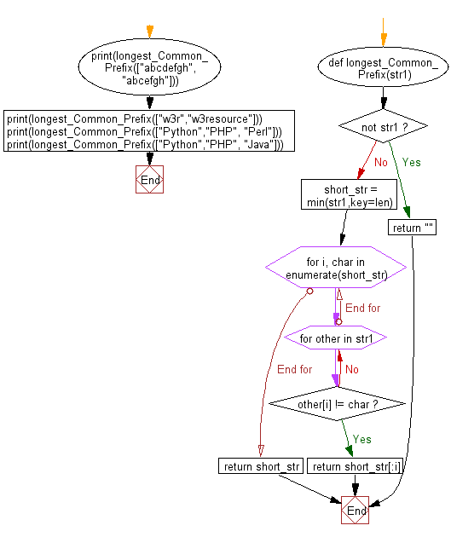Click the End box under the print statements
[x=149, y=180]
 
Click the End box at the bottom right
[x=355, y=511]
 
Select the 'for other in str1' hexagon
[x=336, y=338]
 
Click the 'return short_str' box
[x=261, y=466]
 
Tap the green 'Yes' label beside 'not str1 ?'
[x=411, y=161]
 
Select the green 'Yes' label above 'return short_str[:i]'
[x=361, y=440]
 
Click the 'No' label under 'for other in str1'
[x=351, y=370]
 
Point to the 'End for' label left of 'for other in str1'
[x=294, y=369]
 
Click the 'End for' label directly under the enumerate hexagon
[x=361, y=307]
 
